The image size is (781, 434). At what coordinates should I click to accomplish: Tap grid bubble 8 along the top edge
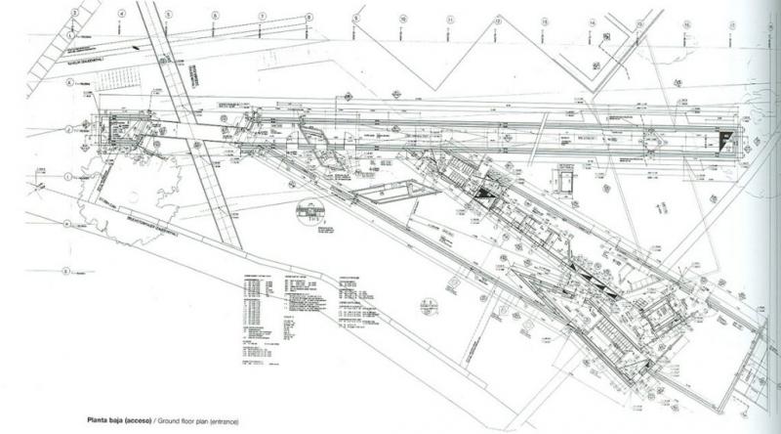(308, 17)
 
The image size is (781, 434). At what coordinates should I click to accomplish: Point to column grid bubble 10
(403, 19)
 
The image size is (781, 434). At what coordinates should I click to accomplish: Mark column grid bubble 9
(355, 18)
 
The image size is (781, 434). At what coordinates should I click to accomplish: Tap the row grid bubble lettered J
(68, 129)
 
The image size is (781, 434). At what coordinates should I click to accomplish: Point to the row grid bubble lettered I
(68, 177)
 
